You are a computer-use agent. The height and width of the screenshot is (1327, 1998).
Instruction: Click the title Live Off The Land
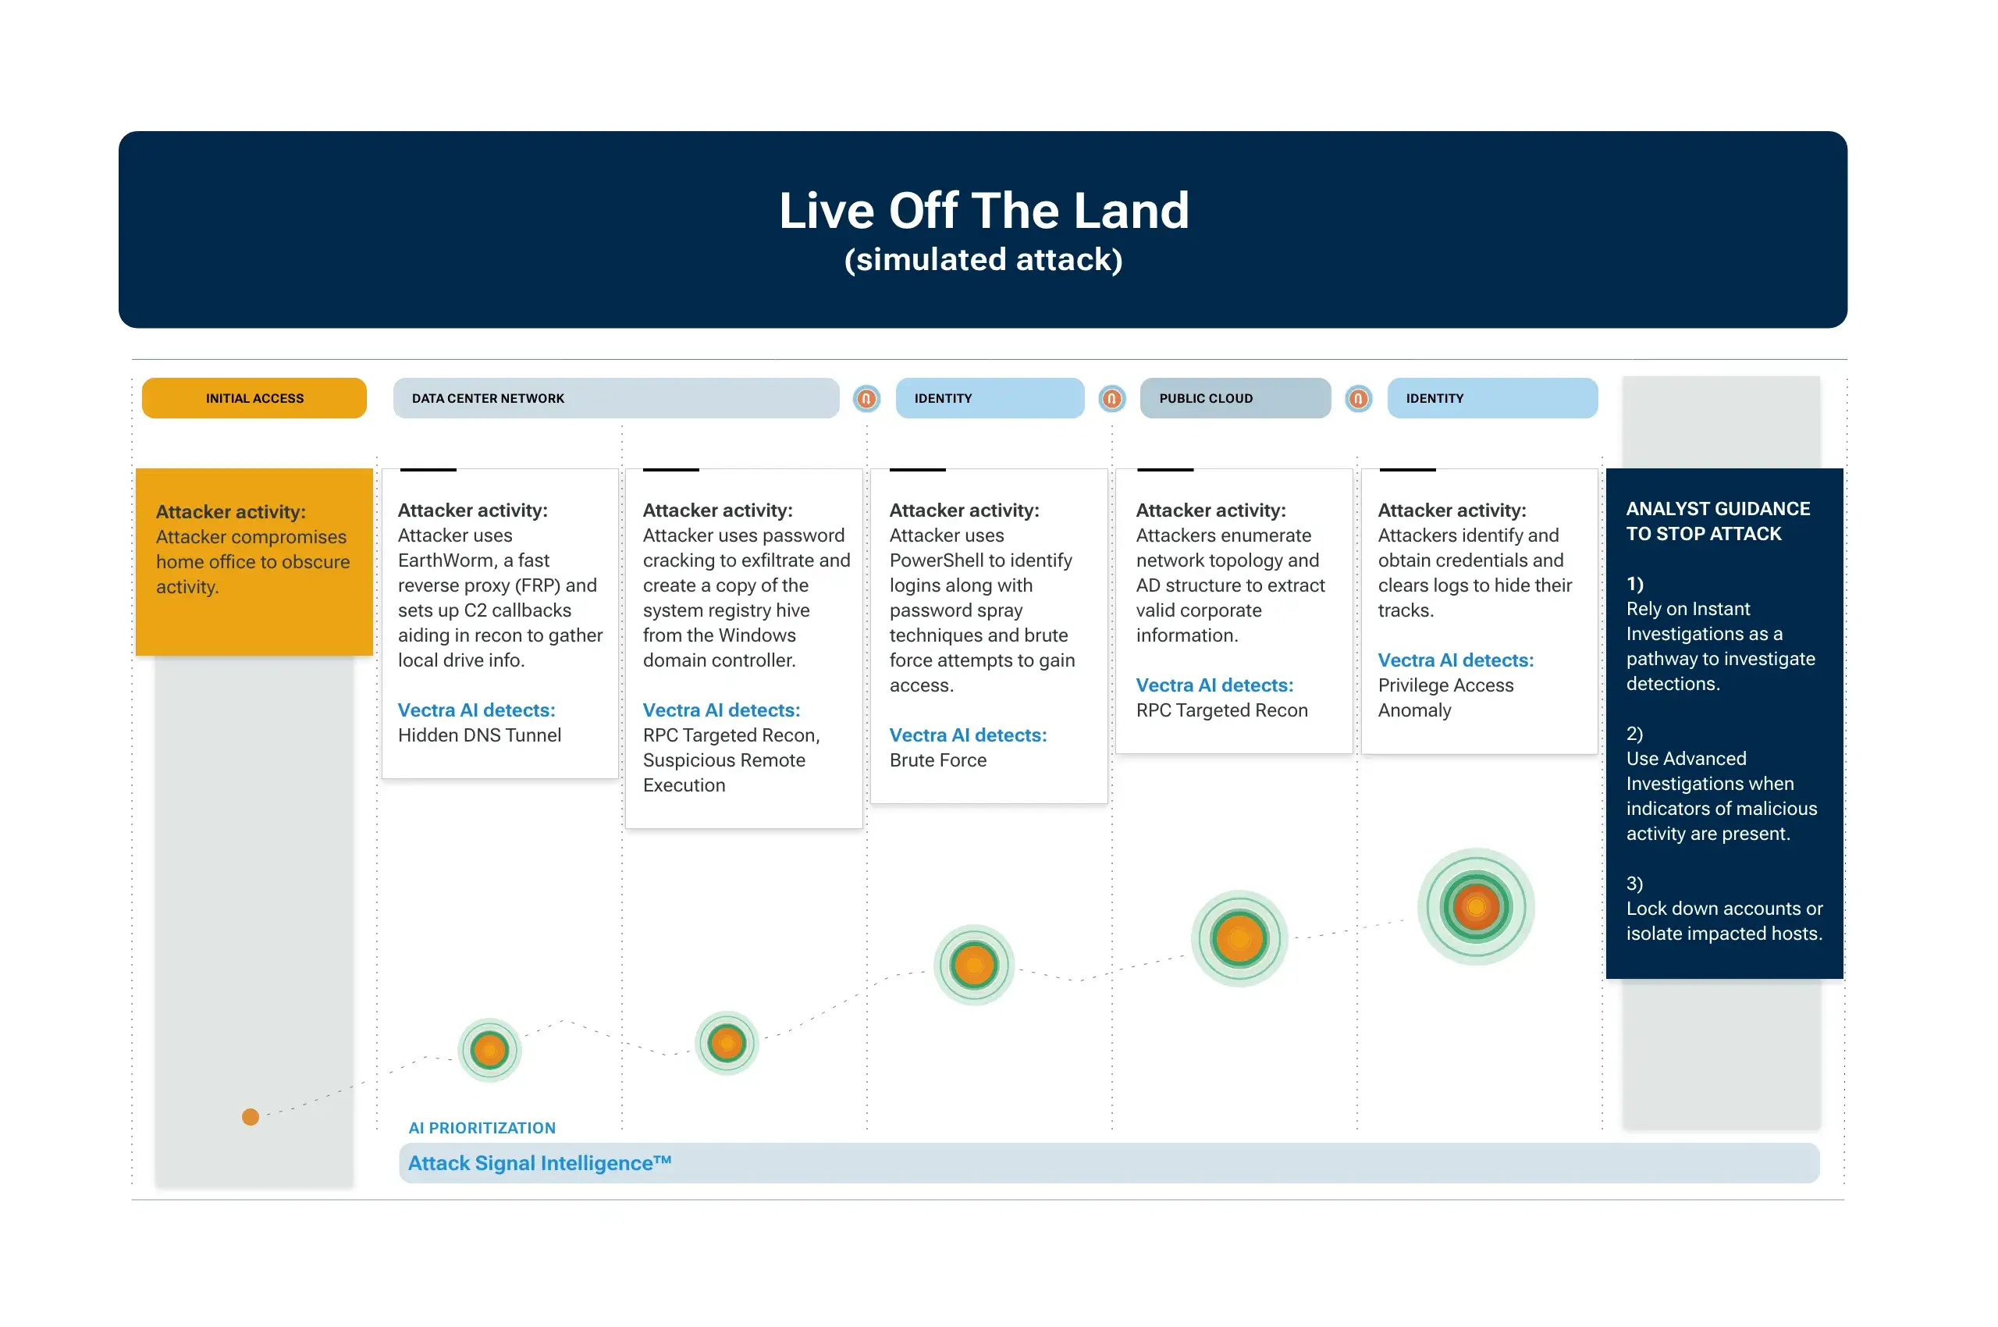tap(983, 210)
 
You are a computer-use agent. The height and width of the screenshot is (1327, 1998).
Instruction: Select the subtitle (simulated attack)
tap(983, 259)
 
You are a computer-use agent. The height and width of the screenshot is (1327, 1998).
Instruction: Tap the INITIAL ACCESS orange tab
tap(254, 398)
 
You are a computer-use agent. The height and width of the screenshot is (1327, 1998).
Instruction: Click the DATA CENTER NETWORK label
tap(488, 399)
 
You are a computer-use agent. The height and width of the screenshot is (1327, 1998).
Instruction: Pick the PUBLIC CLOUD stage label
tap(1205, 399)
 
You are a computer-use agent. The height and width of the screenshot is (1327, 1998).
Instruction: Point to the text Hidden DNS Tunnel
tap(479, 735)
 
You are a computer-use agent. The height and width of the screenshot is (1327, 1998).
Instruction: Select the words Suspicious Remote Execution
tap(723, 773)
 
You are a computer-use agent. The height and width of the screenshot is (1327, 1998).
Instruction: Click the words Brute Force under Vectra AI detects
tap(937, 760)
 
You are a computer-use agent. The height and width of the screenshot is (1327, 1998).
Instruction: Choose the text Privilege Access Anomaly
tap(1445, 697)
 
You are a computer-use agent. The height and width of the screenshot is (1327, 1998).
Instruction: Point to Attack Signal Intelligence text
tap(539, 1163)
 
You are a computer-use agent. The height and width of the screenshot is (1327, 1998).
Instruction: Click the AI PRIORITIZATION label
tap(482, 1127)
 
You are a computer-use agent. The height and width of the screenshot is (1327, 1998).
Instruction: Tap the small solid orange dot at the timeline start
tap(251, 1116)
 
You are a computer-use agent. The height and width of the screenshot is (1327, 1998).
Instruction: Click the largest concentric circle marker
tap(1476, 906)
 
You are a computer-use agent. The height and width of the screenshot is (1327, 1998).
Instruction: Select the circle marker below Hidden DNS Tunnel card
tap(489, 1050)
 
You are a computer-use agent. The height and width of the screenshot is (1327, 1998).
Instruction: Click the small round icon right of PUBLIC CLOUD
tap(1358, 398)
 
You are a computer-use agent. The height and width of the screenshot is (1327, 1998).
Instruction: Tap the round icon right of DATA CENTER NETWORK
tap(866, 398)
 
